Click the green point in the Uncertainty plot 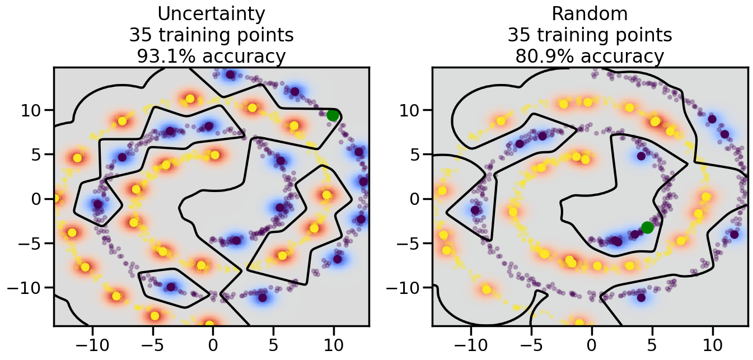(333, 115)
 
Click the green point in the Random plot (647, 227)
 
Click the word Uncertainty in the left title (211, 14)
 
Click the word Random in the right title (590, 14)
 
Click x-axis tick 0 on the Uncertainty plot (213, 343)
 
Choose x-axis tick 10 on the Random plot (713, 343)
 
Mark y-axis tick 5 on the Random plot (419, 154)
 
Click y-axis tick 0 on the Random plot (419, 199)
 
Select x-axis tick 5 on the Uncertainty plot (273, 343)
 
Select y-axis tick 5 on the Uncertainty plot (40, 154)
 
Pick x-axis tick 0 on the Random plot (591, 343)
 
